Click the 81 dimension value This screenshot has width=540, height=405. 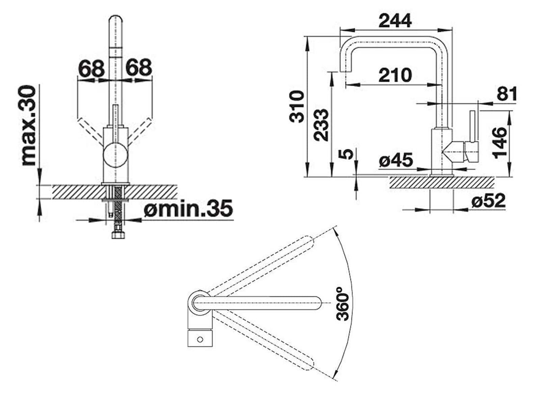pyautogui.click(x=507, y=94)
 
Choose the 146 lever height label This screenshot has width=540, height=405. pyautogui.click(x=500, y=143)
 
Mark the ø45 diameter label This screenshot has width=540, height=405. pyautogui.click(x=396, y=160)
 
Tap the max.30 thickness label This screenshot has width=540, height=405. pyautogui.click(x=28, y=126)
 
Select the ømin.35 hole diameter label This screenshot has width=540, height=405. pyautogui.click(x=188, y=208)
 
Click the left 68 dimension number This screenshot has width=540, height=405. pyautogui.click(x=91, y=67)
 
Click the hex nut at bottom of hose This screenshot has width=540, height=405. pyautogui.click(x=118, y=235)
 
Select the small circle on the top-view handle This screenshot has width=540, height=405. pyautogui.click(x=200, y=339)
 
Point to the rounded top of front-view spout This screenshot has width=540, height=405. pyautogui.click(x=116, y=20)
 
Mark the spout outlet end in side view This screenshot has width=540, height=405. pyautogui.click(x=345, y=71)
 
